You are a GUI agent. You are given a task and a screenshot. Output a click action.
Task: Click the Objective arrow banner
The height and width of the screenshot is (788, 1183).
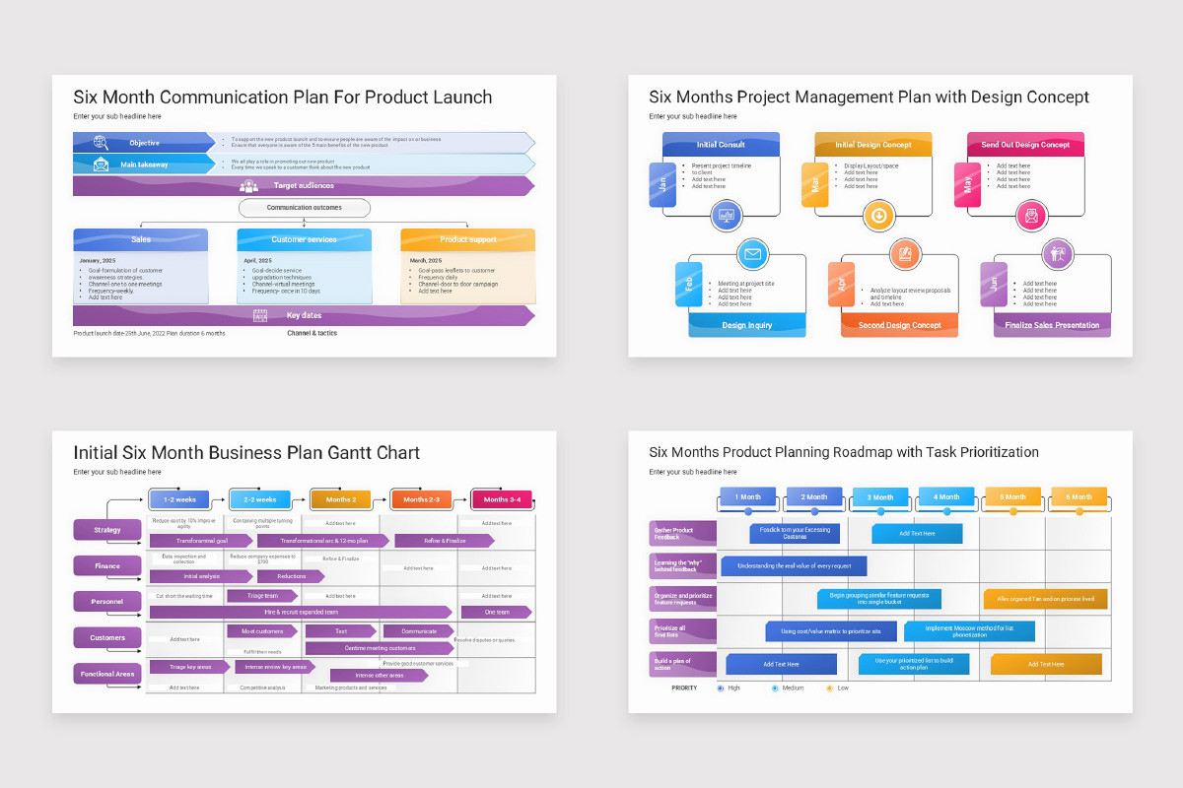[x=143, y=143]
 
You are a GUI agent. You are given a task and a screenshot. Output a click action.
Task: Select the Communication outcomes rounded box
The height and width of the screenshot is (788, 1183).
[x=305, y=208]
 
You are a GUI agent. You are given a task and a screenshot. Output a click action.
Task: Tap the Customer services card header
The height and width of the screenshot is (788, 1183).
[x=304, y=239]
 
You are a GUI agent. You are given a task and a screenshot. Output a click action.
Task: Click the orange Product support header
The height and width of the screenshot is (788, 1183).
[x=468, y=239]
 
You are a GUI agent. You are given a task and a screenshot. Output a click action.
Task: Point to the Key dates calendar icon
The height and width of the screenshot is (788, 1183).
[x=260, y=316]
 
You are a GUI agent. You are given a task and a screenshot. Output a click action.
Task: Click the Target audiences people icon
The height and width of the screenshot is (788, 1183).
[x=248, y=185]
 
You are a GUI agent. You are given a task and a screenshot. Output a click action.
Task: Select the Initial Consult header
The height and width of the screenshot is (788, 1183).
[x=721, y=145]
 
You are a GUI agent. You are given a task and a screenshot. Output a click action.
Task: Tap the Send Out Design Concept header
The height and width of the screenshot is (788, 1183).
[x=1025, y=145]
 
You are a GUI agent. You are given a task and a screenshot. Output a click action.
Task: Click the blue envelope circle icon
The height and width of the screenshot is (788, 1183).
[x=753, y=254]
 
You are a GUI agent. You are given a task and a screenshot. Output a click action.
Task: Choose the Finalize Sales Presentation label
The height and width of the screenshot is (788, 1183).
[x=1052, y=325]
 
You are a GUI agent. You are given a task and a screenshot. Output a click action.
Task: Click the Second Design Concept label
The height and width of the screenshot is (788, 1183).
[x=899, y=325]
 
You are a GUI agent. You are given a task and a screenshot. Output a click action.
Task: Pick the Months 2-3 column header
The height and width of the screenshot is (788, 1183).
[x=421, y=499]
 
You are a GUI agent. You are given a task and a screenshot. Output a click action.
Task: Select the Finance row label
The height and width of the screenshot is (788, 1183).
[x=107, y=565]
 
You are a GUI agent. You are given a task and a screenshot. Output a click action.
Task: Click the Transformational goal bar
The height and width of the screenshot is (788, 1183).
[x=201, y=541]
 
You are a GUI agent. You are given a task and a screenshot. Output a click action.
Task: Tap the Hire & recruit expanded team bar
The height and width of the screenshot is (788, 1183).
[x=301, y=612]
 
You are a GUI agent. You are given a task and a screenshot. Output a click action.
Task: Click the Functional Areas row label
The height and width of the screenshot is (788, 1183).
[x=107, y=674]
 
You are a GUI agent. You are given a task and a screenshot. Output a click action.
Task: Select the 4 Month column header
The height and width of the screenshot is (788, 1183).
[x=947, y=496]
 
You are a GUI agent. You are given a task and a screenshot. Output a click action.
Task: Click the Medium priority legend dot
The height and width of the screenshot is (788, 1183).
[x=775, y=688]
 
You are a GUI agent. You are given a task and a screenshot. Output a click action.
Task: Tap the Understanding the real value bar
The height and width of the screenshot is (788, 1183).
[x=794, y=565]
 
